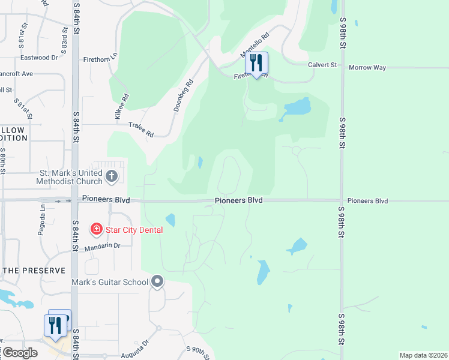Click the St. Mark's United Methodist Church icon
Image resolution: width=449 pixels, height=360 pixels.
click(x=111, y=176)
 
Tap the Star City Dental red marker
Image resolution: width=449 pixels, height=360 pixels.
click(x=95, y=229)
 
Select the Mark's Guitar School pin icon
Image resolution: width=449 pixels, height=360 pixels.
click(x=157, y=281)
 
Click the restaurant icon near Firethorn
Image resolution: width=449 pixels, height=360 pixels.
click(x=256, y=63)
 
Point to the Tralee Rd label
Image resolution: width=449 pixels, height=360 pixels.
click(x=141, y=129)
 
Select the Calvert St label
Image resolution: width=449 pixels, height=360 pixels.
click(x=323, y=65)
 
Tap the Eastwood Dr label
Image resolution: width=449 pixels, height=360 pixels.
click(x=39, y=58)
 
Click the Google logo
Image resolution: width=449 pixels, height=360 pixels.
click(x=20, y=353)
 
